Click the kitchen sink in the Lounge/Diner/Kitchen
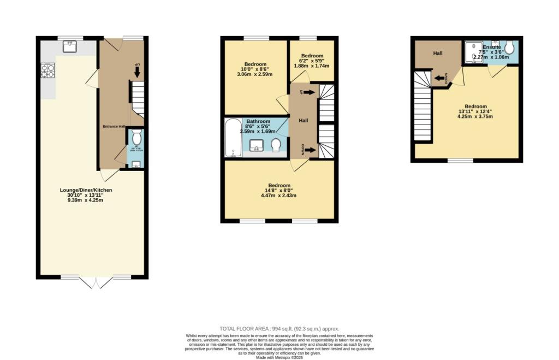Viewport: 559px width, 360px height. pos(69,47)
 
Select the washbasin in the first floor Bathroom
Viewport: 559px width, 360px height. pos(257,145)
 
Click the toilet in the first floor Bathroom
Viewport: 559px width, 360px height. pos(276,145)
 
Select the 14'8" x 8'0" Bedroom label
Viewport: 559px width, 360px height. pos(279,191)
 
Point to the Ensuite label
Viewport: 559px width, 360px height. pos(491,48)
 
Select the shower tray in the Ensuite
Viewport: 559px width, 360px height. pos(475,50)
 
